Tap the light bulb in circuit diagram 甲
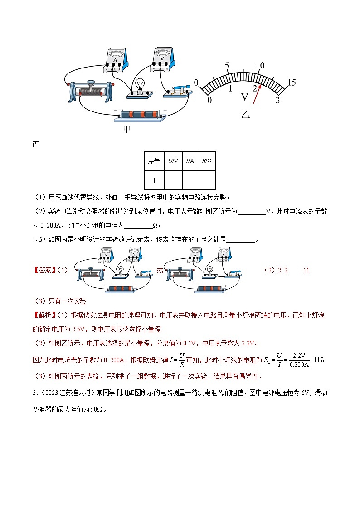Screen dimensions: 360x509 click(x=140, y=87)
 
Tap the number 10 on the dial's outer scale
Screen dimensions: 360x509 click(x=260, y=66)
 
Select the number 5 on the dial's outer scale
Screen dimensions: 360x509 click(x=226, y=66)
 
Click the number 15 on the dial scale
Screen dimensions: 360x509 click(x=291, y=82)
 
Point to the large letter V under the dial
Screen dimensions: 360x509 click(x=244, y=97)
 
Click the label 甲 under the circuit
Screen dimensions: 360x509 click(x=127, y=129)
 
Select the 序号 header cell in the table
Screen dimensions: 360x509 click(x=154, y=160)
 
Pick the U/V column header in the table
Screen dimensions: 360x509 click(x=173, y=160)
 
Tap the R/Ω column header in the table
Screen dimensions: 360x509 click(x=206, y=160)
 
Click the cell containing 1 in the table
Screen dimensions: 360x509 click(x=154, y=180)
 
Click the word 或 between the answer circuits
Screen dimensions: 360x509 click(x=160, y=270)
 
